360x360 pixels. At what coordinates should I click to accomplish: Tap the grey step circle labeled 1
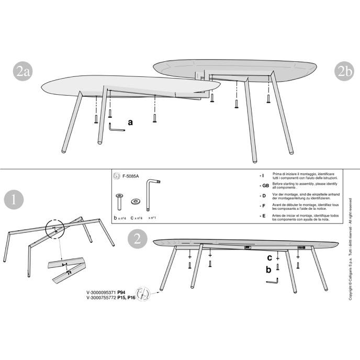point(14,200)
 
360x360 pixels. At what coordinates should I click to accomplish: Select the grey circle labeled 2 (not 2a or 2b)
point(137,239)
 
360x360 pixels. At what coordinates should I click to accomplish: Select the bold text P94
point(121,294)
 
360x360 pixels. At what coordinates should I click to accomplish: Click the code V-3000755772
point(101,298)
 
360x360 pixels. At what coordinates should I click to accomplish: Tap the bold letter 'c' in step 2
point(269,257)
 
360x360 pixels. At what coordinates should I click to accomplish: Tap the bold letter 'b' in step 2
point(269,270)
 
